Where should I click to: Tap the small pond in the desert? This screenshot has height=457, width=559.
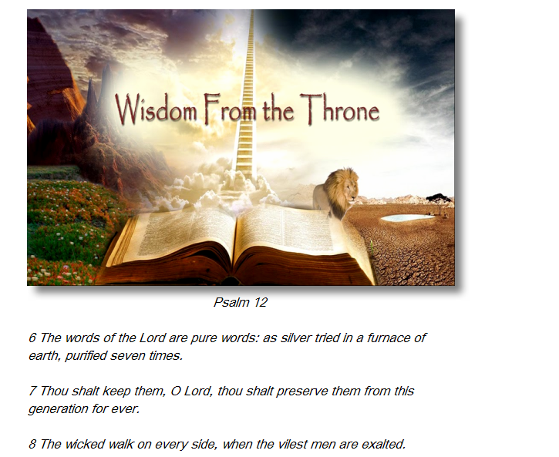tap(407, 217)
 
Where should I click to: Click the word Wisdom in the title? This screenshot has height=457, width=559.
tap(156, 109)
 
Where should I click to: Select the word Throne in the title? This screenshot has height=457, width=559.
tap(339, 109)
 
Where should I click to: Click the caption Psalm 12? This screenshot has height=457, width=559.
tap(241, 302)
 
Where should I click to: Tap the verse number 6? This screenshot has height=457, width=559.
tap(32, 338)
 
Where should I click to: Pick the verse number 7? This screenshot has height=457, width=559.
tap(32, 391)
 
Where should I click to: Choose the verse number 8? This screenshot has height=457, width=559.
tap(32, 444)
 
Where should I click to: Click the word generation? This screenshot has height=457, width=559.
tap(58, 409)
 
